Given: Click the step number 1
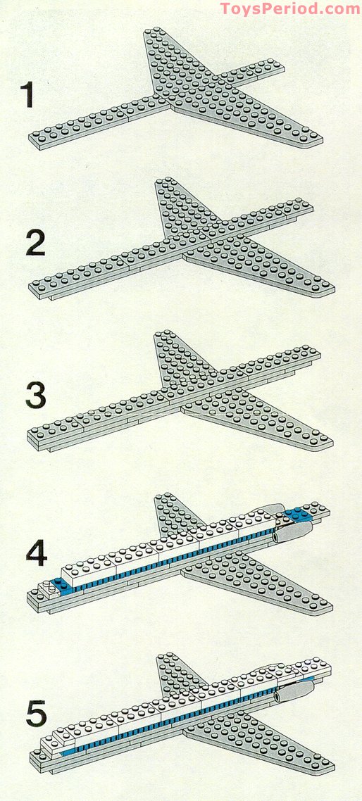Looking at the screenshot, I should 27,94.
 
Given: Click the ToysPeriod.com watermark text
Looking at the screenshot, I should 289,8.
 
